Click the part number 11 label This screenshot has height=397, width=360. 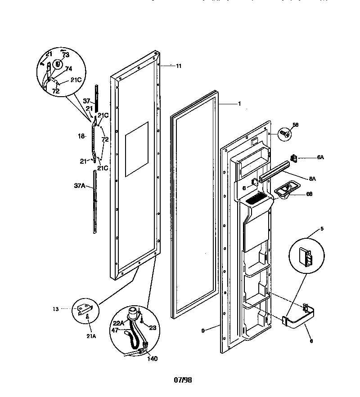pos(179,66)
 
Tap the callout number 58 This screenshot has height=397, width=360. pos(296,125)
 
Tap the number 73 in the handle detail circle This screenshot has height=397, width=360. pos(66,55)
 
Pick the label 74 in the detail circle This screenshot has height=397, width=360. pos(69,69)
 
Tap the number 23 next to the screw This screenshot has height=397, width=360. pos(152,328)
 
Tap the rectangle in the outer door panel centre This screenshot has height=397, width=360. pos(136,149)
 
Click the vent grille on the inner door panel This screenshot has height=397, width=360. pos(256,197)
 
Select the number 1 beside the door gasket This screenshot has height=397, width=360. pos(239,103)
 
